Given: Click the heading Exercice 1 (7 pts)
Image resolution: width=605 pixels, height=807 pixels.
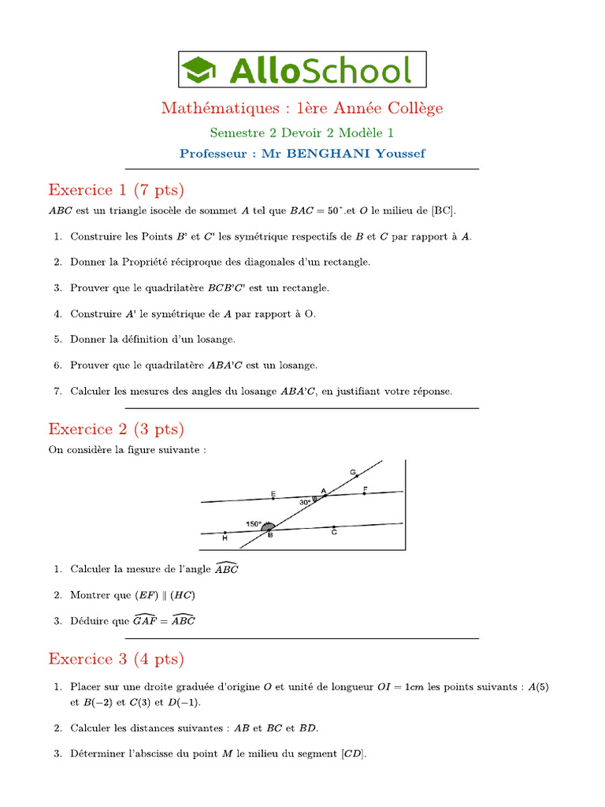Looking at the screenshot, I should pos(116,189).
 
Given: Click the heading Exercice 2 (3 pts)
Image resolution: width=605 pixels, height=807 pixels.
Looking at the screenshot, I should pos(116,429).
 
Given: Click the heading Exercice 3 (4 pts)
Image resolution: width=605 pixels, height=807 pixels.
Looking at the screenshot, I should pos(116,658).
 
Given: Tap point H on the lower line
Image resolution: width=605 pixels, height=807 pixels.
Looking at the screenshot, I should pos(225,534).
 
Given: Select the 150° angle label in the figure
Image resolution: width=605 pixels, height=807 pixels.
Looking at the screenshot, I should pos(254,523).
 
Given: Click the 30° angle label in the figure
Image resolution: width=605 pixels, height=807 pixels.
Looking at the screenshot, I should pos(305,501).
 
